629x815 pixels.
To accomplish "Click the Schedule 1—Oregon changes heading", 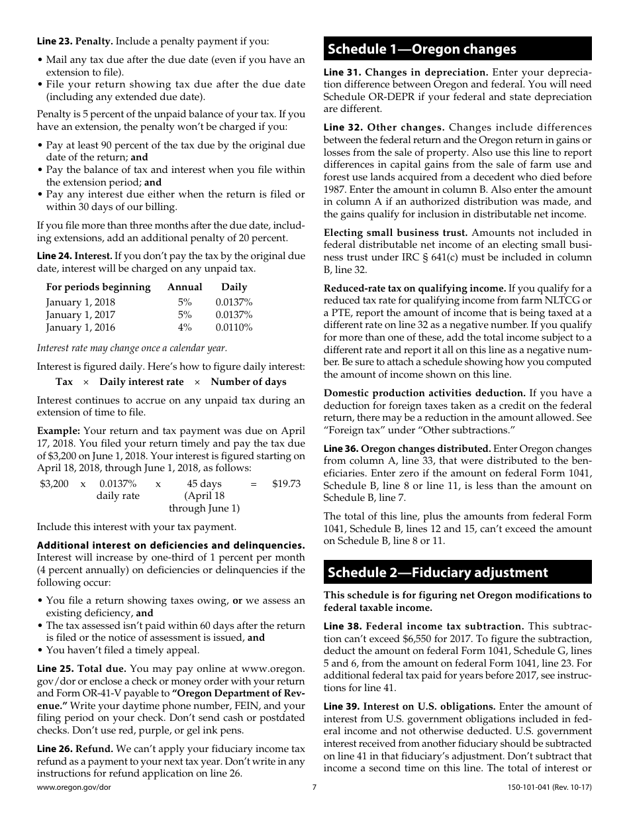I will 421,49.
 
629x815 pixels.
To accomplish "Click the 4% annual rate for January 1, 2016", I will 185,327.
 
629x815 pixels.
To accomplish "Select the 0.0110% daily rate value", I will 234,327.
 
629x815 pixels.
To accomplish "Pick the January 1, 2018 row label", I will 80,302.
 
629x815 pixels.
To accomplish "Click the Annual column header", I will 185,287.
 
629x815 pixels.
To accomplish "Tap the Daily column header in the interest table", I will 234,287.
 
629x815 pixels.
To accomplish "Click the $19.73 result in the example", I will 286,484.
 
